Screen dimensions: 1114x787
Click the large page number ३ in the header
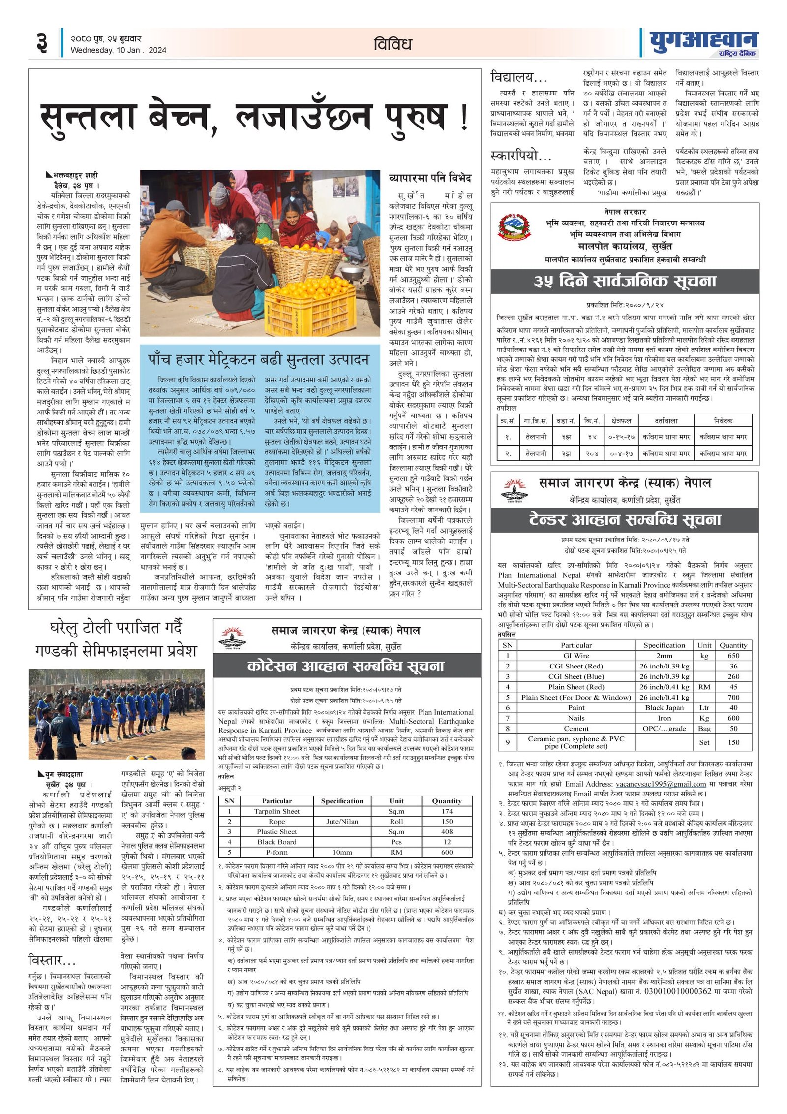click(42, 43)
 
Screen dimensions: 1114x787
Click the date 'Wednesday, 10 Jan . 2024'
click(118, 50)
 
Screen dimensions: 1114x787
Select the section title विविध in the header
click(392, 44)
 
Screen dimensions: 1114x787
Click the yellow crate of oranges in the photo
click(310, 305)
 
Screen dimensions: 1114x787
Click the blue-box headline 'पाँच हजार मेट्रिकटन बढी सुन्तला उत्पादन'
click(259, 360)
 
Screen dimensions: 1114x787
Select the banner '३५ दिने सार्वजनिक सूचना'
click(624, 282)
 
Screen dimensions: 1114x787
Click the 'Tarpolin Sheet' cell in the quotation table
click(276, 811)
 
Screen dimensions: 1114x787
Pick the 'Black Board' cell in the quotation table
click(276, 842)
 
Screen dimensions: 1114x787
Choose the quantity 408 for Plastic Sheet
click(447, 831)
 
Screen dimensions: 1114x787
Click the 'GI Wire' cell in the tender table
click(576, 656)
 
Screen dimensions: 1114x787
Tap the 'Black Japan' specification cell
click(664, 707)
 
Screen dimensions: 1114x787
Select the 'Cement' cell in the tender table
click(576, 728)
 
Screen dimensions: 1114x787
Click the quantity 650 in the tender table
click(733, 656)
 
